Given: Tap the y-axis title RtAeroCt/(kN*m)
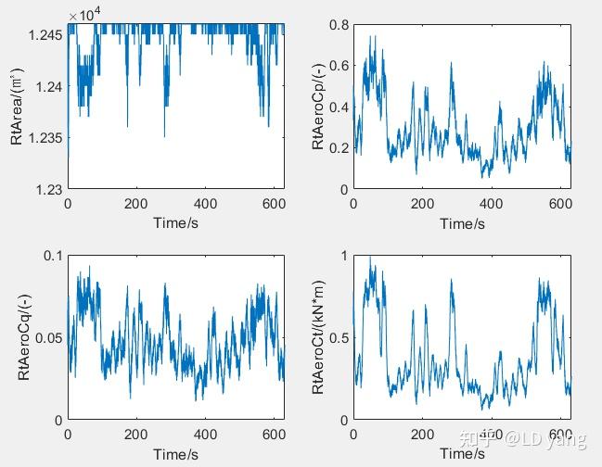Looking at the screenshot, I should pos(318,337).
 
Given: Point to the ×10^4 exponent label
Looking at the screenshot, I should pos(85,15).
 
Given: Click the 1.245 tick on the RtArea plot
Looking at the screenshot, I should pos(45,34).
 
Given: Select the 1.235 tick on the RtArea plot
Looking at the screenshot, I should pos(45,137).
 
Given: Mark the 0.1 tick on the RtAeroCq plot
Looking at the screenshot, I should pos(53,256).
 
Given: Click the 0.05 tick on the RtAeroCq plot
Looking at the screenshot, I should pos(49,338).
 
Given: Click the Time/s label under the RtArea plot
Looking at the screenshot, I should pos(176,223).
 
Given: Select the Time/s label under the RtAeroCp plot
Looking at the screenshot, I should pos(462,223).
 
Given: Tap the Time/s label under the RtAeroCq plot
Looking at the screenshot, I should pos(176,454).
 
